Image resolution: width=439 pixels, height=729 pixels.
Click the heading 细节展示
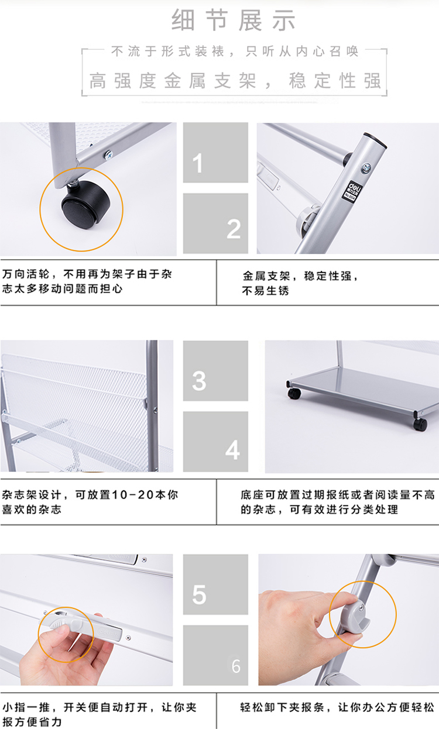[x=234, y=20]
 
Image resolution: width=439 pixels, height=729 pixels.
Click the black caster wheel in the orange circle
[x=85, y=205]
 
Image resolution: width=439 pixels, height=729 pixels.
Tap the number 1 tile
[x=215, y=152]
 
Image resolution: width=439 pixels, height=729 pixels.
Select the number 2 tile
[x=215, y=223]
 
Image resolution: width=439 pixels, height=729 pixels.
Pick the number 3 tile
[x=215, y=371]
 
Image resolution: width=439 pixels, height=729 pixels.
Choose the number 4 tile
[x=215, y=442]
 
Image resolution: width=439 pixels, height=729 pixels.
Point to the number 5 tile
[x=215, y=584]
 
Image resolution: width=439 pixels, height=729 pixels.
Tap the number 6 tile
[x=215, y=655]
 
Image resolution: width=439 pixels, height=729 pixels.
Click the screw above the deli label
[x=366, y=168]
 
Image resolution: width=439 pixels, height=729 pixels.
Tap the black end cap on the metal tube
[x=375, y=140]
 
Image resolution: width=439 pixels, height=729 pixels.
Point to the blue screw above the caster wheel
[x=109, y=154]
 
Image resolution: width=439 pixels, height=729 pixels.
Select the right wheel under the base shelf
[x=420, y=424]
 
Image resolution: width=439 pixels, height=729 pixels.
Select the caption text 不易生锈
[x=265, y=291]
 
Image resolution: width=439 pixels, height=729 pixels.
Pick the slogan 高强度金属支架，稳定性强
[x=235, y=81]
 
